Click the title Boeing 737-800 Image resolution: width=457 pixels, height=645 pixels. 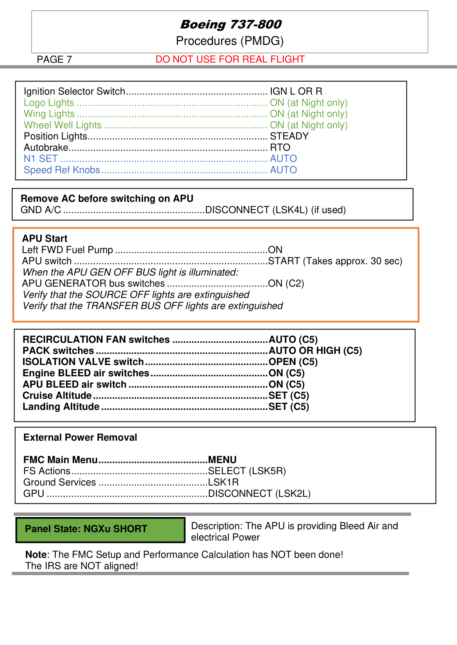[230, 25]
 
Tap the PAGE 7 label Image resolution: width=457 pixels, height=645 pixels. [54, 59]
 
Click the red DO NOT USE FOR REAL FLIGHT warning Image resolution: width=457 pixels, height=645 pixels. [230, 59]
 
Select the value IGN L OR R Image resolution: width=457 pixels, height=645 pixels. [296, 91]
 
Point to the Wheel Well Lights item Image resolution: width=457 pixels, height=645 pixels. [62, 125]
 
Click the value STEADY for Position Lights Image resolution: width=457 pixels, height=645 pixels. [289, 136]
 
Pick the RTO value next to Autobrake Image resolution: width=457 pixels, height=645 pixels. [280, 147]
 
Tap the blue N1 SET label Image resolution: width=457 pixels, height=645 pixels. [41, 159]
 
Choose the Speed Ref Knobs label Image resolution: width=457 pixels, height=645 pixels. [62, 170]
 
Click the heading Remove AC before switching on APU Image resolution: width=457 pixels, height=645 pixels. [107, 198]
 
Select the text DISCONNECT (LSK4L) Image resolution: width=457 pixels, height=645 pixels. [256, 210]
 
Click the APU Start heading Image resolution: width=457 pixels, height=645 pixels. [45, 239]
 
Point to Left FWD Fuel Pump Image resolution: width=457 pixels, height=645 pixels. [67, 250]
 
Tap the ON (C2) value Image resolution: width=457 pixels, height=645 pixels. [286, 284]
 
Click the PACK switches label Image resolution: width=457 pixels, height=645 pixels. [58, 351]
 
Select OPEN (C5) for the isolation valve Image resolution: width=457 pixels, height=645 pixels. [293, 362]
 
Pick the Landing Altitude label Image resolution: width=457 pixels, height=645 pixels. [61, 407]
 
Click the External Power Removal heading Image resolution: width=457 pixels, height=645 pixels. [80, 438]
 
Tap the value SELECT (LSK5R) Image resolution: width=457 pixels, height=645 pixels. [247, 471]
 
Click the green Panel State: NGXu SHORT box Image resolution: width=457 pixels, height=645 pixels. [100, 530]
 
